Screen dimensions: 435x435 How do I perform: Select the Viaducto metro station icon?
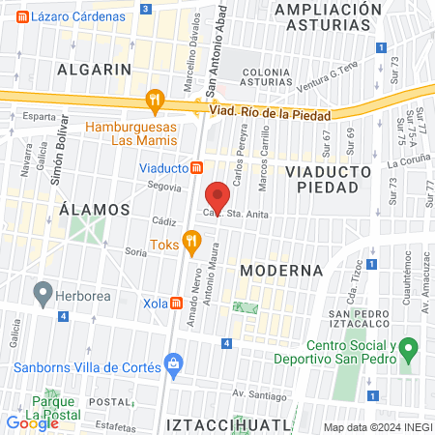tap(197, 167)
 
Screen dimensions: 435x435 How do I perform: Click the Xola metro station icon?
tap(177, 303)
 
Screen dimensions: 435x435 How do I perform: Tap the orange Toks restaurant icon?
tap(192, 240)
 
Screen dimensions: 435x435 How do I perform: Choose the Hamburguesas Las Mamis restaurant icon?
tap(153, 100)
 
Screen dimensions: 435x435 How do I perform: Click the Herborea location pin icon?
tap(42, 291)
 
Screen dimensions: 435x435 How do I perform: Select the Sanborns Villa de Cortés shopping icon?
tap(174, 365)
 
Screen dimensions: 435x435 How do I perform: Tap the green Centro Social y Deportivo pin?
tap(410, 346)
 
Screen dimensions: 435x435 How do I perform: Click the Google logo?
tap(32, 422)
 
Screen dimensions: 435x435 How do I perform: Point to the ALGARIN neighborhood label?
tap(93, 70)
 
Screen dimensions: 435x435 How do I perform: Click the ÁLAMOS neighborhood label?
tap(94, 209)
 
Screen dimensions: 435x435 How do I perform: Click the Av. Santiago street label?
tap(255, 394)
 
